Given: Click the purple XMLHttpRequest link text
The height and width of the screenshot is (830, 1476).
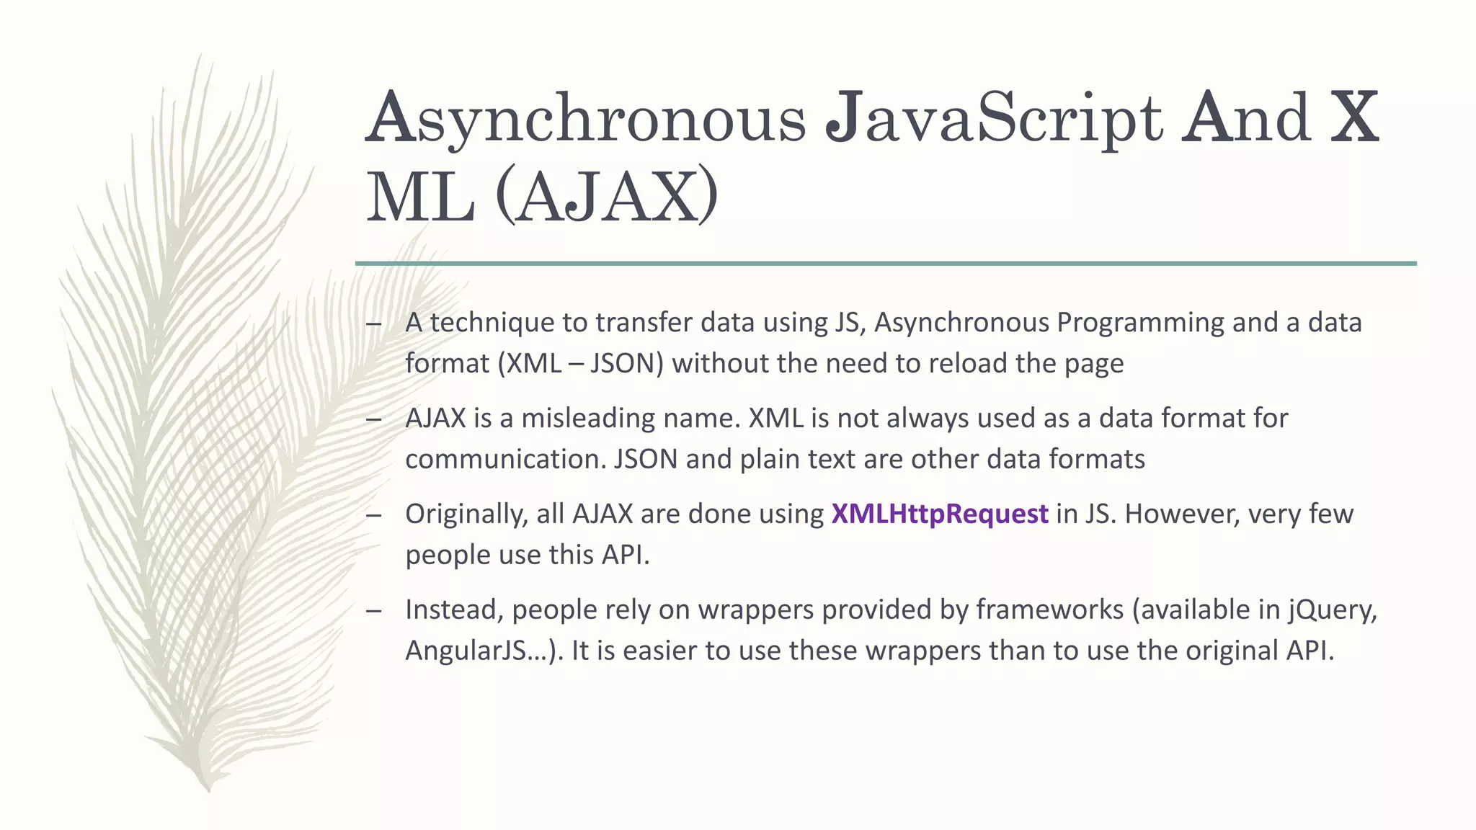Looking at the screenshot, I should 939,514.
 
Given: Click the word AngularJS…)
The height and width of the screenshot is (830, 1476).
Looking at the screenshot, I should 484,651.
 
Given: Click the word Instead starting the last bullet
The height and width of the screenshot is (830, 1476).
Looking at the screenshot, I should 454,610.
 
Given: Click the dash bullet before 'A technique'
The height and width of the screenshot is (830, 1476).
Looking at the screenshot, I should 373,323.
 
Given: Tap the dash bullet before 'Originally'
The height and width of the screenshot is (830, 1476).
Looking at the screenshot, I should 373,515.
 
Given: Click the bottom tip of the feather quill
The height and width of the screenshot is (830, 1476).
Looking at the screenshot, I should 208,790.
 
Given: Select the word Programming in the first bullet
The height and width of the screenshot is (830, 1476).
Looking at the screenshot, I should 1140,323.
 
